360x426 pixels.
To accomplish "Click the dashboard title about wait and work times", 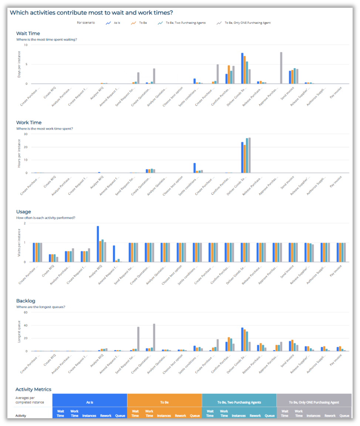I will click(x=91, y=13).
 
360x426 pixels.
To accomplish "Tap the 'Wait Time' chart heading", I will click(x=28, y=34).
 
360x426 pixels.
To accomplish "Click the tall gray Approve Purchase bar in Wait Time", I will click(x=281, y=68).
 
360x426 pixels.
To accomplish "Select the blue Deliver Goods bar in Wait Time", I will click(x=242, y=68).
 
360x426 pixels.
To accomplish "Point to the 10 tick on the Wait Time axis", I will click(x=26, y=45).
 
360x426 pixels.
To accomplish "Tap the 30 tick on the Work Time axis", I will click(x=26, y=134).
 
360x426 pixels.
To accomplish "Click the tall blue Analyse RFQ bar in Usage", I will click(x=98, y=244).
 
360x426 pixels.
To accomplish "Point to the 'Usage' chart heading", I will click(x=24, y=212).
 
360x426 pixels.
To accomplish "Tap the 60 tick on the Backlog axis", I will click(x=26, y=312).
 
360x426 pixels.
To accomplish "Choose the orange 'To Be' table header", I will click(x=164, y=402).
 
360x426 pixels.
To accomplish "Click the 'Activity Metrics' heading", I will click(x=33, y=389).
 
